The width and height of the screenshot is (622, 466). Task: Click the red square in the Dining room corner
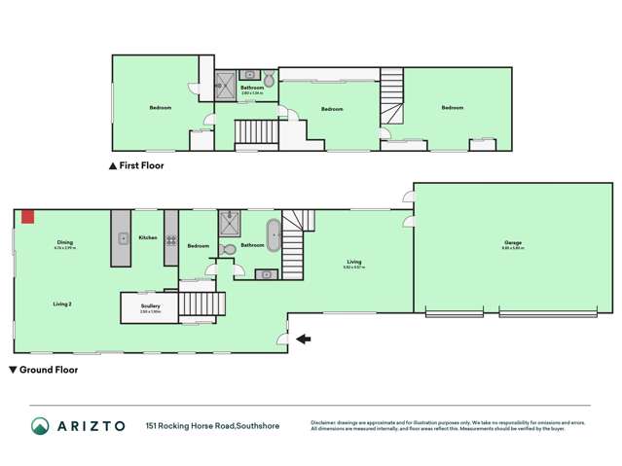coord(29,216)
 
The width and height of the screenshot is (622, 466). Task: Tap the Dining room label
coord(64,242)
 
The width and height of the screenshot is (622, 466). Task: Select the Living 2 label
coord(63,305)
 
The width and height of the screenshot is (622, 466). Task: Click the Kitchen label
coord(148,237)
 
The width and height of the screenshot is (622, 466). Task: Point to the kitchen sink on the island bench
coord(123,237)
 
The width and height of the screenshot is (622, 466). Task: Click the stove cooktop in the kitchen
coord(170,238)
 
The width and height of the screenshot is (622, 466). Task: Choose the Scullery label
coord(149,306)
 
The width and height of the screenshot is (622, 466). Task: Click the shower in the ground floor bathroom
coord(230,225)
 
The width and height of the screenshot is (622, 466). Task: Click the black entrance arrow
coord(304,339)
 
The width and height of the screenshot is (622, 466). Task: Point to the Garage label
coord(512,243)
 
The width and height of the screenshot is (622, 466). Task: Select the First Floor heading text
coord(141,166)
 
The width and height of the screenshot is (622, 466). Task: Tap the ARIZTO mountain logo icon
coord(40,426)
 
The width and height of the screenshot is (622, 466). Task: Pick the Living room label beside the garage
coord(354,262)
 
